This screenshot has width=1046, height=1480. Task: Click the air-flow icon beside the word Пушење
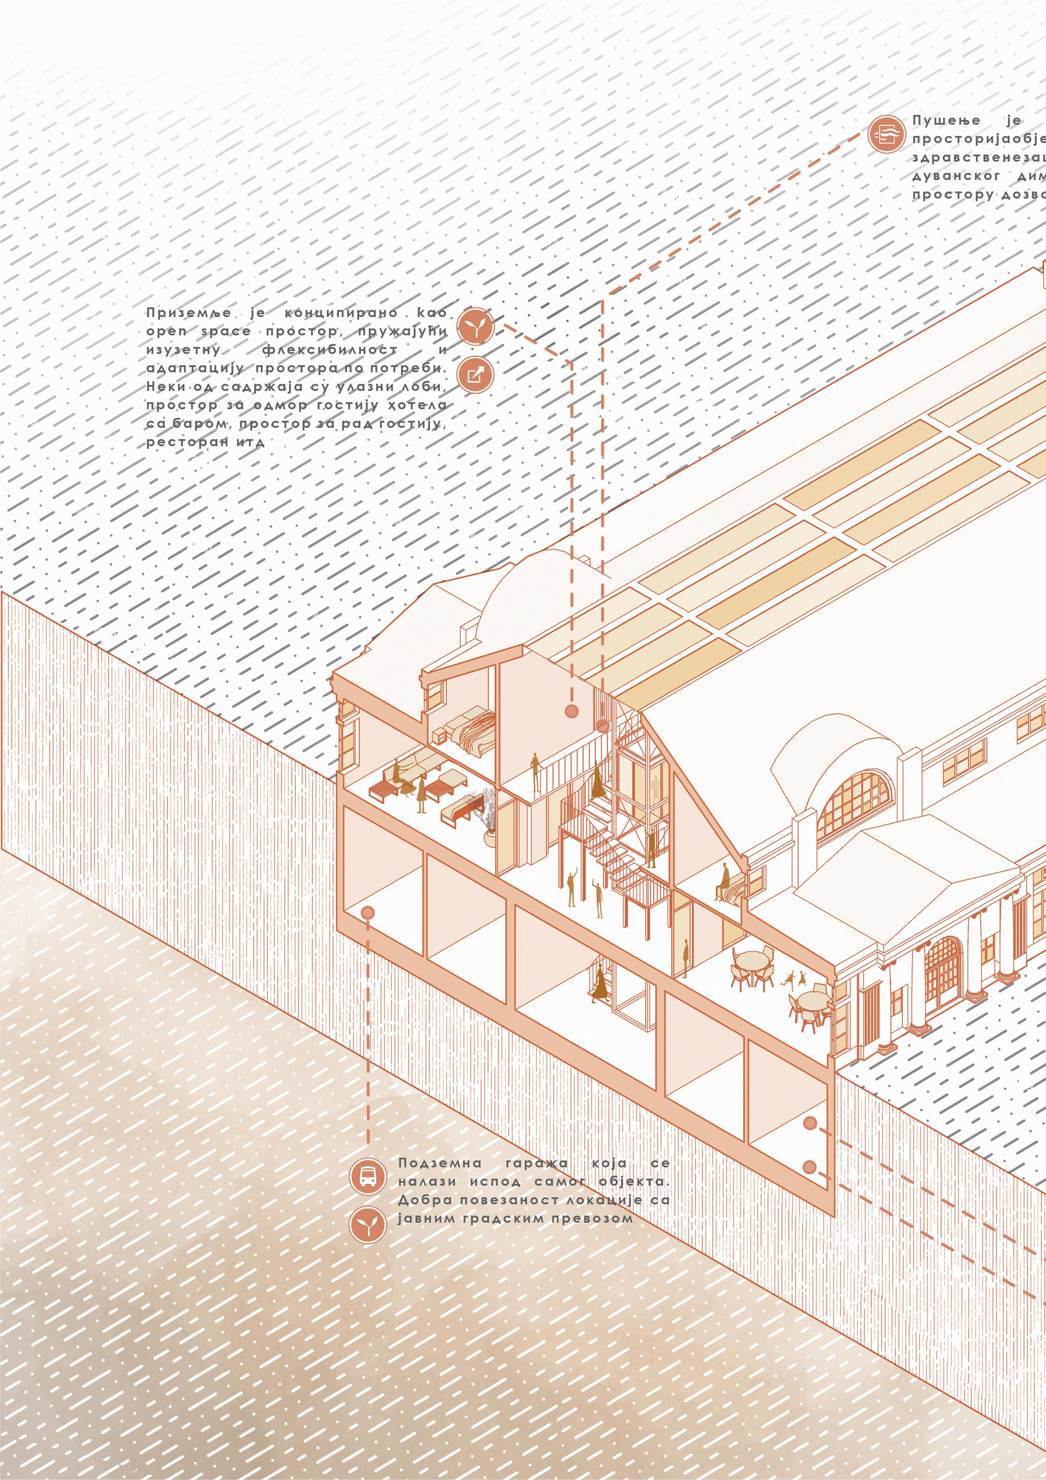(x=886, y=135)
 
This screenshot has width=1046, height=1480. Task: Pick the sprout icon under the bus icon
(x=367, y=1225)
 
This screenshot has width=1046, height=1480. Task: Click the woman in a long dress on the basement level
(x=601, y=986)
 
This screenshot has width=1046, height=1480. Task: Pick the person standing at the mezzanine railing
(x=535, y=772)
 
